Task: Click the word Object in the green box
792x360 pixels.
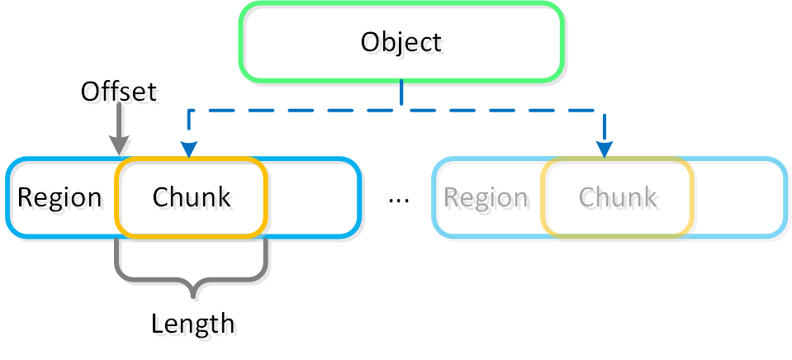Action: click(x=401, y=42)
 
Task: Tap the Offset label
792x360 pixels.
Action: click(x=118, y=91)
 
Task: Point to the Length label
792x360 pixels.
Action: click(x=192, y=323)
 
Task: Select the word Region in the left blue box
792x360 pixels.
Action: click(x=59, y=198)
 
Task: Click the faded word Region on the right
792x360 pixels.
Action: click(x=486, y=198)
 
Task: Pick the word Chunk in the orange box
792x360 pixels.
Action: click(x=192, y=198)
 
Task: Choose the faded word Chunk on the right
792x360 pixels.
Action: click(x=618, y=198)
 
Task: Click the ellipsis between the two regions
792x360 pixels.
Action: click(x=398, y=201)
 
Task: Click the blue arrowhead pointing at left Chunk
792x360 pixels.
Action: click(x=189, y=149)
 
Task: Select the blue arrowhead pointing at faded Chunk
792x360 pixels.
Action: click(x=605, y=149)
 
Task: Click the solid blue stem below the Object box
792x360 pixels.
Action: click(x=401, y=92)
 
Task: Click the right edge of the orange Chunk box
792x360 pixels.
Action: click(x=266, y=198)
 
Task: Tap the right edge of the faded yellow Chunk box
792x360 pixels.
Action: click(x=692, y=198)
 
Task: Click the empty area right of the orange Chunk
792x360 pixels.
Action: click(x=312, y=198)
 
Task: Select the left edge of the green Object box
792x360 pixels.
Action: click(x=240, y=42)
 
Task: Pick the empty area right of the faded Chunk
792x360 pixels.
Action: click(x=737, y=198)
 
